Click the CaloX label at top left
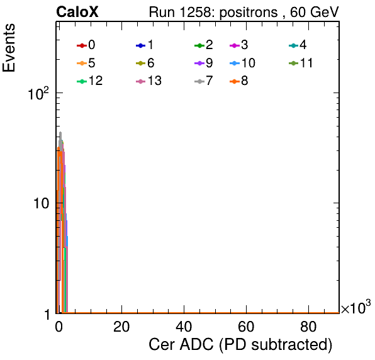click(77, 12)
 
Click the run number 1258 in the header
click(196, 12)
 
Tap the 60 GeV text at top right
click(315, 12)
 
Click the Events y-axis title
click(9, 48)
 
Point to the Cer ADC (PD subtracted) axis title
click(240, 345)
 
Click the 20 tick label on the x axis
click(121, 327)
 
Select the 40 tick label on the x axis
click(184, 327)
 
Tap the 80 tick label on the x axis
click(308, 327)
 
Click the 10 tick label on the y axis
click(41, 203)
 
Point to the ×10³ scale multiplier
click(356, 307)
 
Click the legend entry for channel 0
click(86, 45)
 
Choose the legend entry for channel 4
click(298, 45)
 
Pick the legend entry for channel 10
click(242, 63)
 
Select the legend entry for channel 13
click(148, 81)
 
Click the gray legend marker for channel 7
click(199, 82)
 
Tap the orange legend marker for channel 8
click(235, 82)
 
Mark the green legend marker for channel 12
click(82, 82)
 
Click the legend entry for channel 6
click(145, 63)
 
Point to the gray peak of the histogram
click(60, 132)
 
